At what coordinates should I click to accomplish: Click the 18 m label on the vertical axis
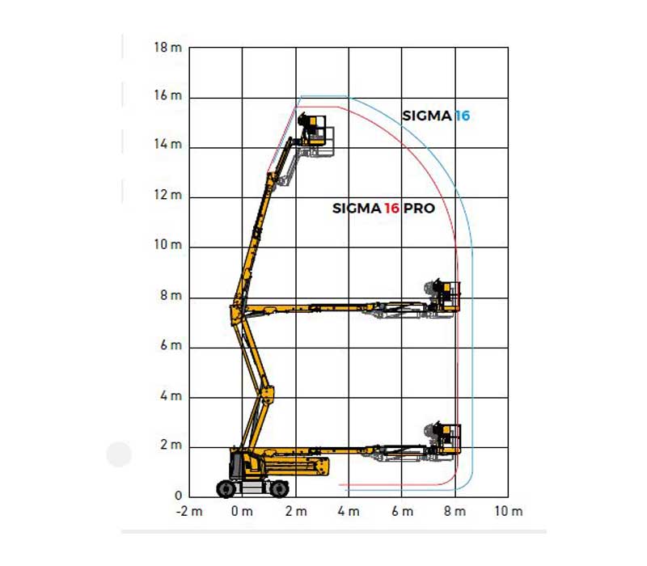tap(168, 48)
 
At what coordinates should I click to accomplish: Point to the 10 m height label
tap(168, 245)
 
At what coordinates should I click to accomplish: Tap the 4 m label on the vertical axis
tap(171, 396)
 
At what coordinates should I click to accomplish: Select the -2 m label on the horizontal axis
tap(189, 512)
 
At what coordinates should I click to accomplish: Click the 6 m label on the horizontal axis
tap(402, 512)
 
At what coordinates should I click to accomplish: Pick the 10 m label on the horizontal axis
tap(509, 512)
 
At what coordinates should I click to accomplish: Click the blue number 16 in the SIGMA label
tap(463, 116)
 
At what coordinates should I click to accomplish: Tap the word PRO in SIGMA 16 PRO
tap(419, 209)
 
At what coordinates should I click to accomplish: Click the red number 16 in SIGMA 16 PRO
tap(392, 209)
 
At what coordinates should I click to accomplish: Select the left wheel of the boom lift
tap(226, 489)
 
